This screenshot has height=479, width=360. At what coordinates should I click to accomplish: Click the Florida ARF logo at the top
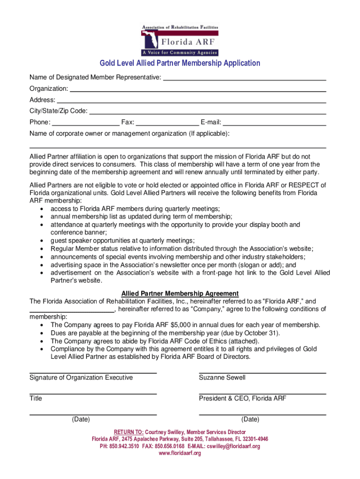coord(180,40)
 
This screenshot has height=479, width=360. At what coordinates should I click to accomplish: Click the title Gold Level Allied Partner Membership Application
coord(180,63)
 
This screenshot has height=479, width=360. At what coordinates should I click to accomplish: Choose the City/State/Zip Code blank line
coord(208,112)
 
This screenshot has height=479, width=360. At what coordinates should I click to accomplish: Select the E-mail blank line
coord(274,124)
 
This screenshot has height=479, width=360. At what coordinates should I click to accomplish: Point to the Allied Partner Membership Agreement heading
coord(180,294)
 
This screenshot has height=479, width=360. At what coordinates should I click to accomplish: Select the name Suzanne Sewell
coord(222,377)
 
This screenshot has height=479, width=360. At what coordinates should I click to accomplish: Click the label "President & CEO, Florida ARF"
coord(243,399)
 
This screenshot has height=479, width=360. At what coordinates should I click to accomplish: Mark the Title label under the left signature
coord(36,399)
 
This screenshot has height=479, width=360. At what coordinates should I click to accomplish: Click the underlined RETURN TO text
coord(129,432)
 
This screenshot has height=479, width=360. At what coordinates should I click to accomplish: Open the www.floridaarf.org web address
coord(180,453)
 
